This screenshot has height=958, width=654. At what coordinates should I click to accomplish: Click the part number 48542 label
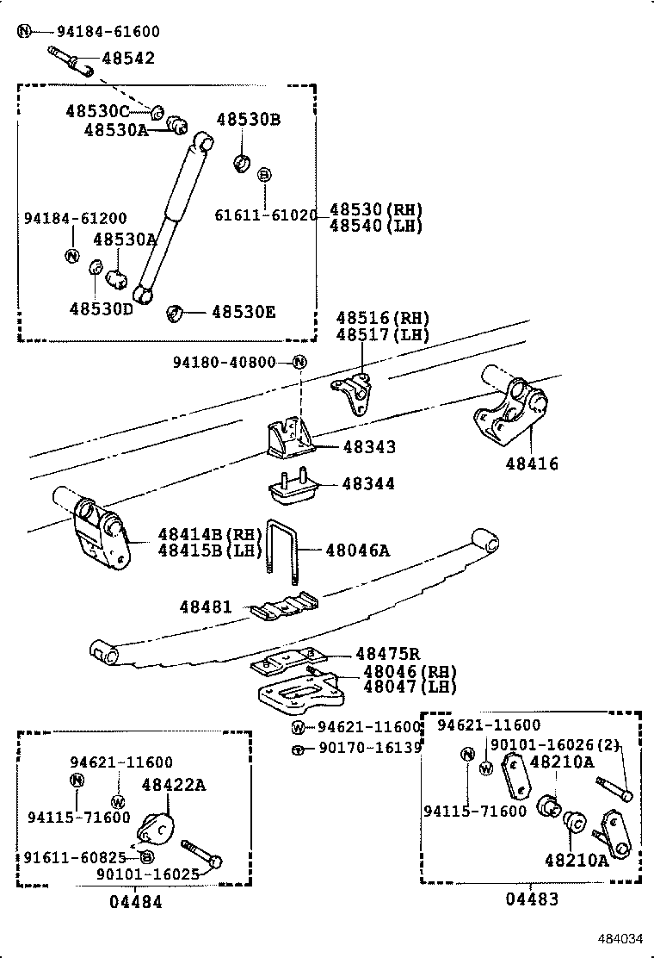(x=128, y=59)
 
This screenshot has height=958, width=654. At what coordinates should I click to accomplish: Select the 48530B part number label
(x=248, y=120)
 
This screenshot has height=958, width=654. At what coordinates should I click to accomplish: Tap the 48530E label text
(x=244, y=312)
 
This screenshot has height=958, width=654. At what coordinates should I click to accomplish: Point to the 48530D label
(x=101, y=308)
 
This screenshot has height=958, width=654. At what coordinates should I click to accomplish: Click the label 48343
(x=369, y=447)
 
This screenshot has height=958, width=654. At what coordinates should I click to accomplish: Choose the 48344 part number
(x=368, y=484)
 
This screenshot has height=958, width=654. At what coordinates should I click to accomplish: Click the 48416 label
(x=532, y=464)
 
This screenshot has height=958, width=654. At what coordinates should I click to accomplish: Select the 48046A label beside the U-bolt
(x=358, y=549)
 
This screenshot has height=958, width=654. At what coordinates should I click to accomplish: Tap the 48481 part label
(x=206, y=607)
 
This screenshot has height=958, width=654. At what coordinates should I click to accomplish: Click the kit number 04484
(x=135, y=902)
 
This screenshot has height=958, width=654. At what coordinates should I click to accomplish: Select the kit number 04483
(x=531, y=899)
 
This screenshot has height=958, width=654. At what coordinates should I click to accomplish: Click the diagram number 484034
(x=621, y=938)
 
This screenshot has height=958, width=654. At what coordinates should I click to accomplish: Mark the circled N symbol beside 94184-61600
(x=24, y=32)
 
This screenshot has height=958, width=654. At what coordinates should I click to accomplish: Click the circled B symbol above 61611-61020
(x=265, y=175)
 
